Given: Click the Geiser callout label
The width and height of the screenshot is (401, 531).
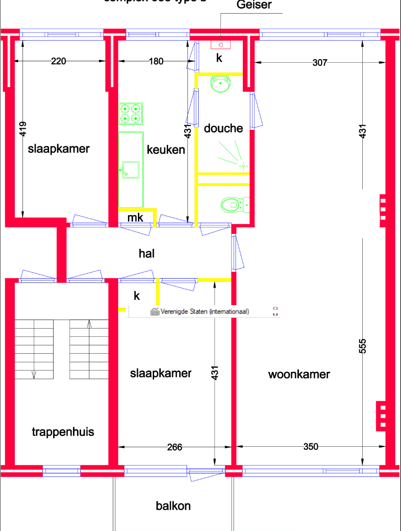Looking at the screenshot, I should [254, 5].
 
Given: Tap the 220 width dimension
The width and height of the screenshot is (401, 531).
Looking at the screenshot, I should [59, 61].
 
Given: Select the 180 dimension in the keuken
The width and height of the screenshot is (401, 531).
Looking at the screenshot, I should [156, 61].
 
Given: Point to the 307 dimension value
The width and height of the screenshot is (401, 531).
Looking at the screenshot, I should [319, 63].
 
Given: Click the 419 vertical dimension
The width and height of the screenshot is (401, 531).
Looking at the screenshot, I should [23, 129].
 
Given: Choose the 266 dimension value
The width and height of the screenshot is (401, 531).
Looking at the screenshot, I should [174, 447].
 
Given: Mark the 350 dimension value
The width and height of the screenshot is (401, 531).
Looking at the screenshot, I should [310, 447].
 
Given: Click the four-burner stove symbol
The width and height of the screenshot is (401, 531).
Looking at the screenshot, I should [131, 114].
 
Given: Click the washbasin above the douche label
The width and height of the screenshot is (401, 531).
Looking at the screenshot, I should [221, 83].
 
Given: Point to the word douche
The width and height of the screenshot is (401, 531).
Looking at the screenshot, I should [223, 128].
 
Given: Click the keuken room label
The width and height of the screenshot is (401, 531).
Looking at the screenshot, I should [166, 150].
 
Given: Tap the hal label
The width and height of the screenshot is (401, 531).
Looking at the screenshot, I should [147, 253].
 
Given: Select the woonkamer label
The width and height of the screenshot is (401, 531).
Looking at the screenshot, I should [299, 374].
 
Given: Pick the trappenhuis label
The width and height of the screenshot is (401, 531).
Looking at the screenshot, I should [63, 432].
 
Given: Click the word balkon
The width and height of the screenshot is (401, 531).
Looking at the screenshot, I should [173, 506].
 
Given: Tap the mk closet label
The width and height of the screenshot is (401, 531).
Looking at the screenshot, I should [135, 218].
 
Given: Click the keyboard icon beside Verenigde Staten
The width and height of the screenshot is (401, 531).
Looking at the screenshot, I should [155, 311].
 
